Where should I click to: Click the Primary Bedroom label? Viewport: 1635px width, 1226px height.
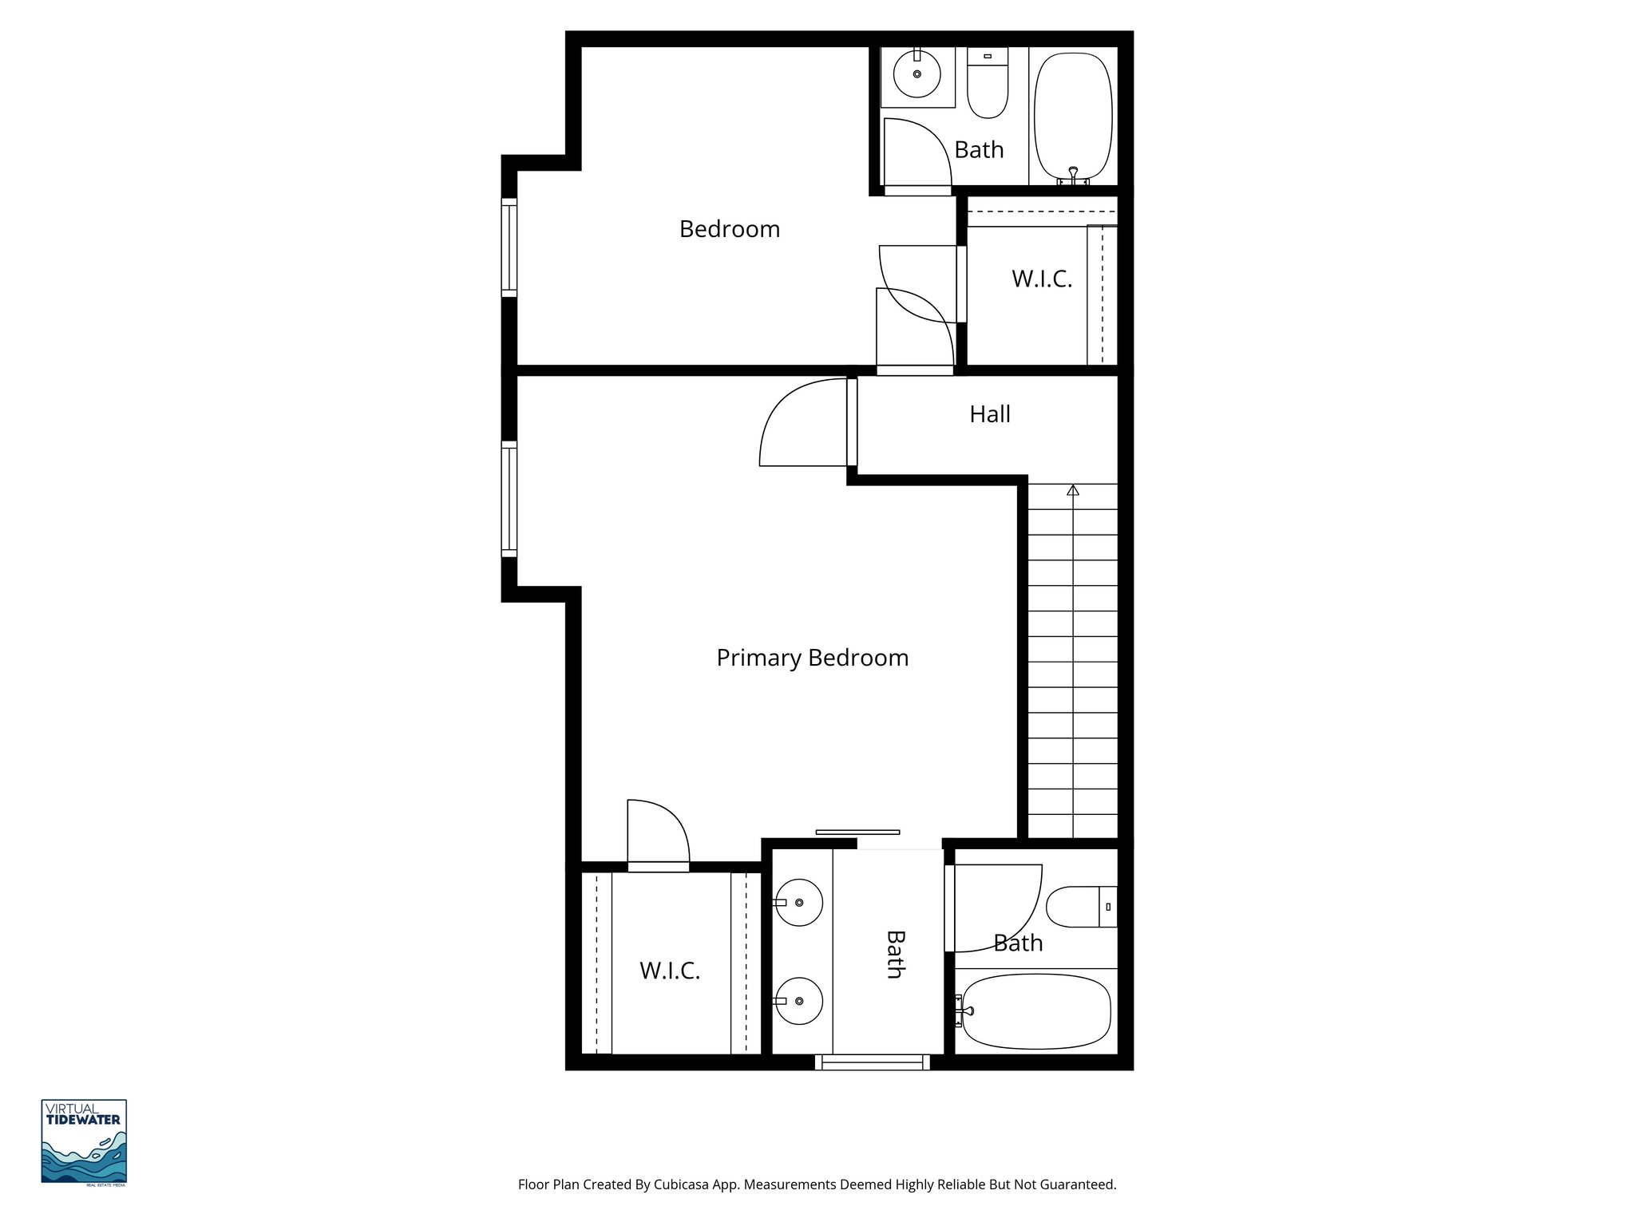(812, 658)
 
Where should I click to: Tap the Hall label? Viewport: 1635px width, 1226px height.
(989, 414)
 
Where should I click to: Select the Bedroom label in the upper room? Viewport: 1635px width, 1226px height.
(729, 229)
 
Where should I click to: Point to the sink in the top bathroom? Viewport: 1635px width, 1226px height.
(917, 74)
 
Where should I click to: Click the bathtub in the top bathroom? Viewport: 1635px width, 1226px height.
(1073, 117)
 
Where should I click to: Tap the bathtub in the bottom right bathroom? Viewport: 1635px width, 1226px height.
(1035, 1010)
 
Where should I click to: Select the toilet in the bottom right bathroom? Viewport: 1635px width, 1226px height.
(1078, 906)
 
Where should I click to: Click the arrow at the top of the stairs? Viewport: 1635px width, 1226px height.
(1072, 489)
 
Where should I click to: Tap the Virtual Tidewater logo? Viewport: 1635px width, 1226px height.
(84, 1141)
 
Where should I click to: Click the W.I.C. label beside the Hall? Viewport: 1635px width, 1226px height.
(1041, 279)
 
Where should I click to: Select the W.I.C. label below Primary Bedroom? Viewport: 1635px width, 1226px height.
(669, 971)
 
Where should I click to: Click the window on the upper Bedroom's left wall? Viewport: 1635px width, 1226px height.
(509, 247)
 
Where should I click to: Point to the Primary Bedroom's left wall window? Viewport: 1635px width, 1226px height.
(509, 498)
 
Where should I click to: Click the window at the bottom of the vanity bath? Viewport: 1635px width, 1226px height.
(872, 1062)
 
